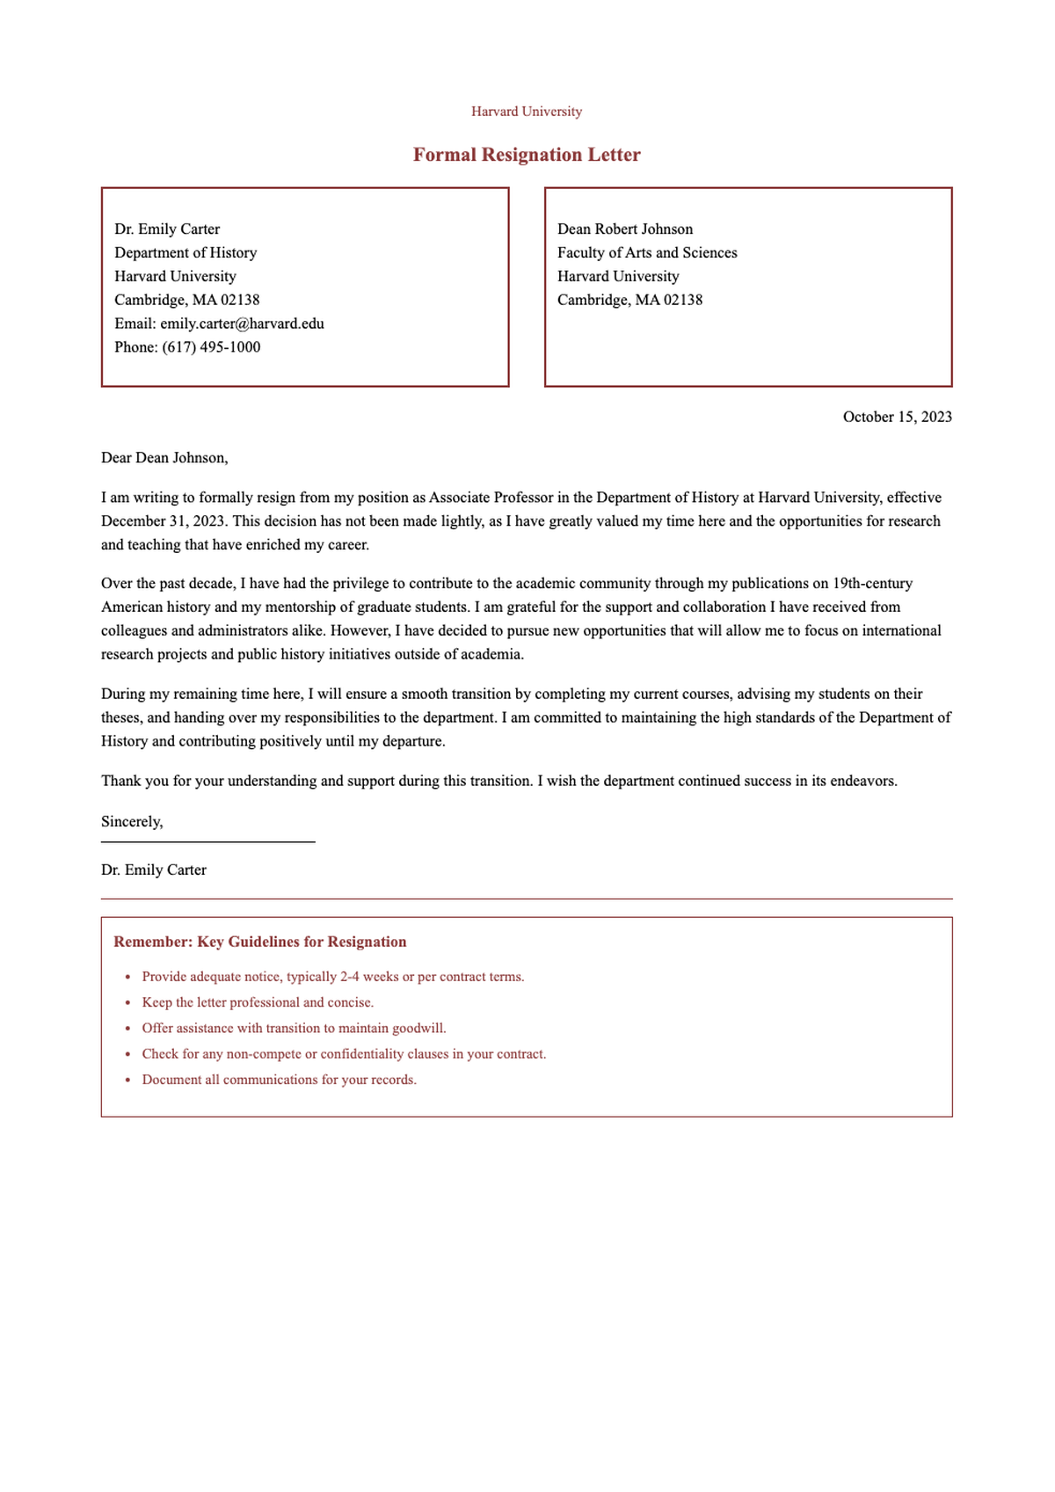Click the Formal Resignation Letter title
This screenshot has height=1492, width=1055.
527,155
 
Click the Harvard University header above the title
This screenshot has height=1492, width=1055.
527,112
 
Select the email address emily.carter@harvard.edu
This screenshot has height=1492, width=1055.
242,324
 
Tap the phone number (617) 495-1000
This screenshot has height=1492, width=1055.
211,347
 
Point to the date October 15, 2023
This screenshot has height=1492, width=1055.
897,417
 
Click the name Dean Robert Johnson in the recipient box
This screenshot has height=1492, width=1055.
625,229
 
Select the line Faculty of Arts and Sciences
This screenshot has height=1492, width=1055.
647,253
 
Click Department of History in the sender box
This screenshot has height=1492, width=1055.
186,253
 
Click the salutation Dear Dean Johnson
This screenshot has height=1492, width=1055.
164,457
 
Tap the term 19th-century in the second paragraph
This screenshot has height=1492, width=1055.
872,583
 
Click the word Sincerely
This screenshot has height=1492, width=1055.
132,822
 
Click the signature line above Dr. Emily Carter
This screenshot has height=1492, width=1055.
208,842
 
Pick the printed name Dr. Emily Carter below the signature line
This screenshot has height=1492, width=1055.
154,870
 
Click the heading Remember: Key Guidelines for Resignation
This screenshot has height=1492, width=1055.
260,942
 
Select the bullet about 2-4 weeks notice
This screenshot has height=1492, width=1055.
332,977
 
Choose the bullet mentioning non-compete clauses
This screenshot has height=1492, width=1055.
344,1053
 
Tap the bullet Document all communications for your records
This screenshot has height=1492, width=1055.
279,1080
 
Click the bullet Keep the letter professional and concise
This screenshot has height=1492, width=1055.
258,1002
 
